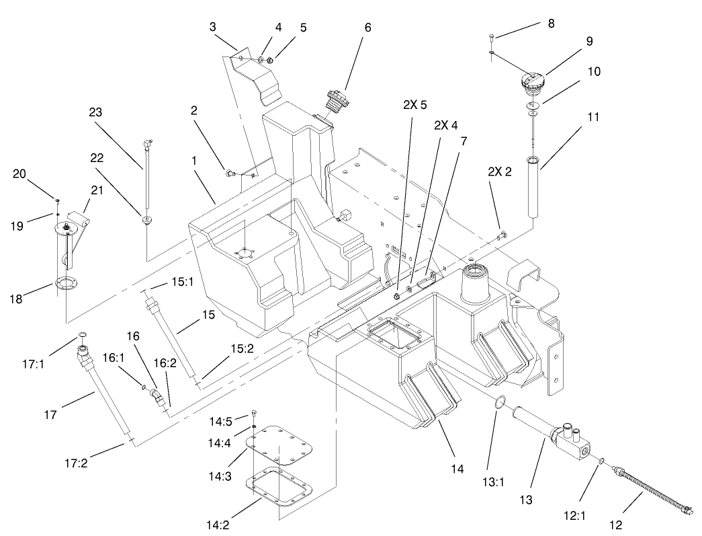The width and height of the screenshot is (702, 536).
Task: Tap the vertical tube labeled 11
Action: pos(534,187)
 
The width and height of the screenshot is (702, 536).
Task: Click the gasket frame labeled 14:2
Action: pos(279,489)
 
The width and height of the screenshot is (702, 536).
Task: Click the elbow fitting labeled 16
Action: pos(158,397)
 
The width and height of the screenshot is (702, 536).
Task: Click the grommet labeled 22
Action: pos(146,219)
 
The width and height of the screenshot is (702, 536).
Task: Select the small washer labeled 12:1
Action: pos(602,461)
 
